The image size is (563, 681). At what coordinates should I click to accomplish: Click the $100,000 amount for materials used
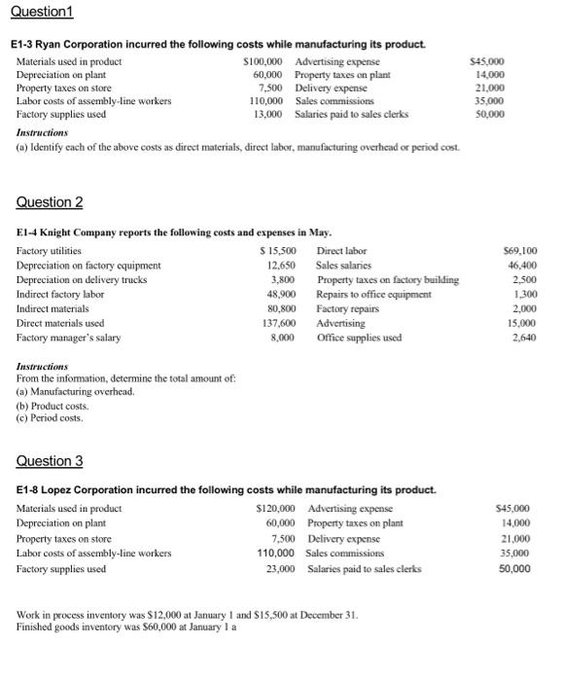click(x=267, y=61)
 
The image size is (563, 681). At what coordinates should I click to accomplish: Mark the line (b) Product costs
click(x=53, y=406)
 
